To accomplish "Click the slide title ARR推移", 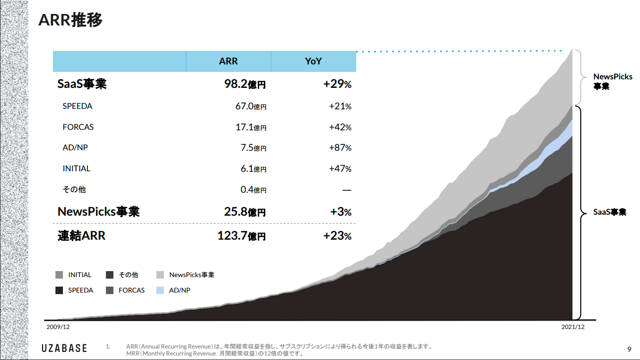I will click(x=71, y=20).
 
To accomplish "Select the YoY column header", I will click(x=313, y=61).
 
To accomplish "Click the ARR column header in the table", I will click(x=228, y=61).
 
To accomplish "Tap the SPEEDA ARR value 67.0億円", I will click(x=251, y=106).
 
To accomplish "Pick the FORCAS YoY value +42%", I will click(x=340, y=127).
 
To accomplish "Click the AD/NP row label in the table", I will click(x=75, y=148).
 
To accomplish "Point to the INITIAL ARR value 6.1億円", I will click(x=253, y=169).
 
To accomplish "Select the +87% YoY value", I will click(x=340, y=148).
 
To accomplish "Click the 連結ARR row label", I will click(x=81, y=235).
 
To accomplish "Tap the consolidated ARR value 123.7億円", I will click(x=241, y=236).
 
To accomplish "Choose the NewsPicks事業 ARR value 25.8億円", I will click(x=245, y=212).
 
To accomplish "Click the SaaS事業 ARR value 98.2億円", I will click(x=245, y=84).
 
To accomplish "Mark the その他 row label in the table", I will click(x=74, y=190).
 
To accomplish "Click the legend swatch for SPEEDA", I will click(x=59, y=290).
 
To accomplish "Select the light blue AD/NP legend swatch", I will click(x=160, y=290).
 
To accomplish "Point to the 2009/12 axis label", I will click(x=58, y=327).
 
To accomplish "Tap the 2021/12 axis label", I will click(x=573, y=327).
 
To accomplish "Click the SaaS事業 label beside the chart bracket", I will click(x=610, y=212).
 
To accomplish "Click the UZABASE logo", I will click(x=64, y=348).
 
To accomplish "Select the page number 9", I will click(x=629, y=349).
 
